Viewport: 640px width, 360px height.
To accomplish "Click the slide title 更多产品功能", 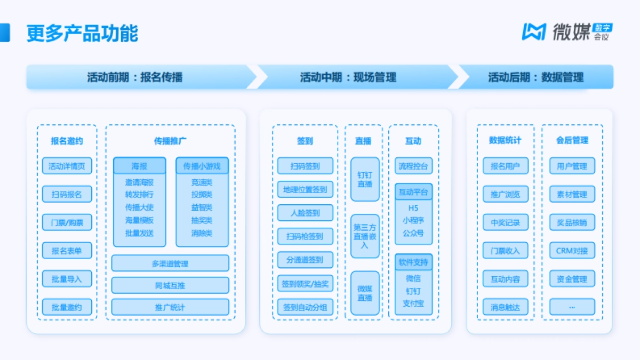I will (83, 33).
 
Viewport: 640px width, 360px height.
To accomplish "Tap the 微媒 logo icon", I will (533, 31).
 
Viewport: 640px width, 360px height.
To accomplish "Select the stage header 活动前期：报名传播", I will (135, 77).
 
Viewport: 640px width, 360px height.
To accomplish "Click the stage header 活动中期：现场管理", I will (348, 77).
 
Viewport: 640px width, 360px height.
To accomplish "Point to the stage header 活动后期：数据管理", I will (535, 77).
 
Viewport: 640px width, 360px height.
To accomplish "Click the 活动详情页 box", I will (67, 166).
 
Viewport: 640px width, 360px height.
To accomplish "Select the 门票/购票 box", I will (67, 222).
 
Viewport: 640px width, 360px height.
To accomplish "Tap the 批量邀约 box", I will (67, 307).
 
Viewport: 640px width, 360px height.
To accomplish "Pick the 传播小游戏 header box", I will (202, 166).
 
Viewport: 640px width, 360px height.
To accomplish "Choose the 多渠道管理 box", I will (170, 263).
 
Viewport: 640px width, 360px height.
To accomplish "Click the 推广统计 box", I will (170, 307).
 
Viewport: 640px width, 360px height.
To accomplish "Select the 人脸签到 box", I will (305, 213).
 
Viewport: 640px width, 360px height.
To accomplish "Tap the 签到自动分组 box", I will (305, 307).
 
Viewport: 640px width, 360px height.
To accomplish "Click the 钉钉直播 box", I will (365, 179).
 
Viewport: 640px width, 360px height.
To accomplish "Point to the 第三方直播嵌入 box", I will (365, 236).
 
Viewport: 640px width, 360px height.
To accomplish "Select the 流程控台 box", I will (413, 166).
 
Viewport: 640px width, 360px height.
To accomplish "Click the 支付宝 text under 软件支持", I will (413, 303).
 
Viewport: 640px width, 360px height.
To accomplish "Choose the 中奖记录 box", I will (505, 222).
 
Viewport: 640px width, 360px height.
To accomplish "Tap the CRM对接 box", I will (572, 251).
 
